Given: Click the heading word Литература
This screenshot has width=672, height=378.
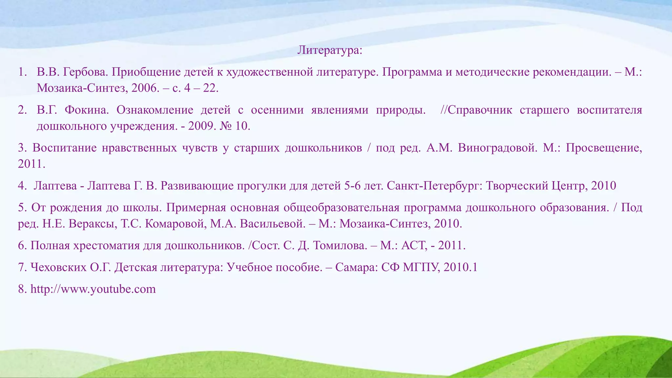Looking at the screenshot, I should (x=328, y=50).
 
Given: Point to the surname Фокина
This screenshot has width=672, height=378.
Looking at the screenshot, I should (x=86, y=110).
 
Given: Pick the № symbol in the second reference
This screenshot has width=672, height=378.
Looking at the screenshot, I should (x=225, y=126).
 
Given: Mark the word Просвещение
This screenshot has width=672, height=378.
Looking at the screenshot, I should (x=604, y=148).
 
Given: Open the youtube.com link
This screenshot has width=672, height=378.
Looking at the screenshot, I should (x=93, y=289).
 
